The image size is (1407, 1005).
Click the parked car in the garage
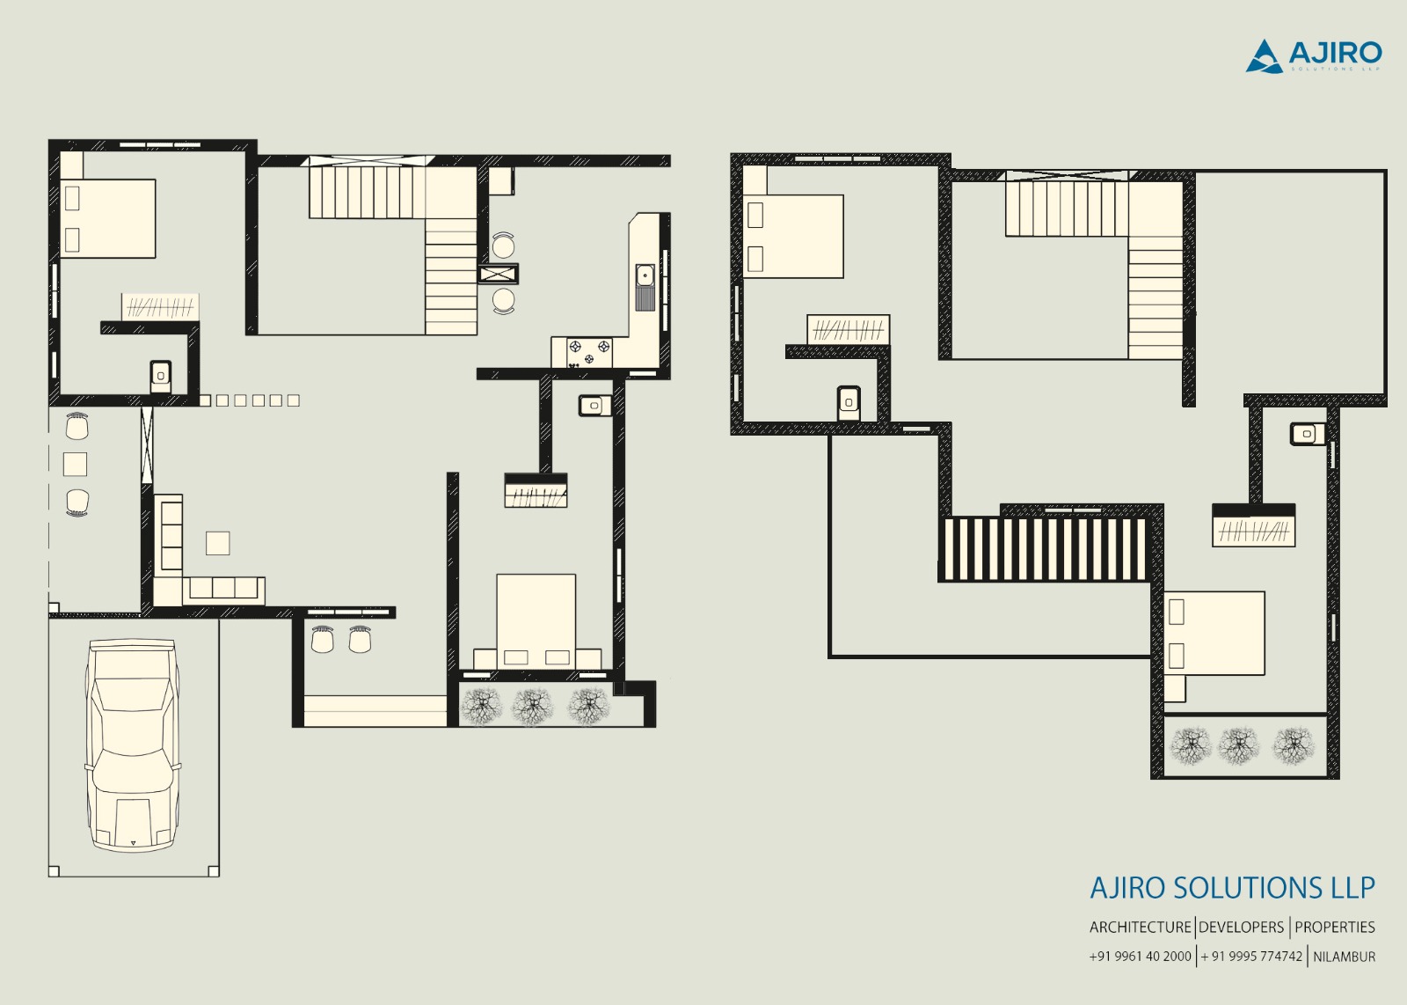[132, 745]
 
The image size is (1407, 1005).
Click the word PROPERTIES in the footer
[1334, 927]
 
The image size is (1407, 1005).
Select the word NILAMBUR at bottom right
[1344, 957]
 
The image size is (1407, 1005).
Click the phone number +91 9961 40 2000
[1140, 957]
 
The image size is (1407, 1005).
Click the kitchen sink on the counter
[645, 287]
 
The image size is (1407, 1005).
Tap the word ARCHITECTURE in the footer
[1140, 927]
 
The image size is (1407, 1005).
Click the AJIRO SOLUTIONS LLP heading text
[1232, 888]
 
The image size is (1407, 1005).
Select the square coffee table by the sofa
[217, 543]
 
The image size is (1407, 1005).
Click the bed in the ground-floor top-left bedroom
[108, 218]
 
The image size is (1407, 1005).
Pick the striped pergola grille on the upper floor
[1044, 548]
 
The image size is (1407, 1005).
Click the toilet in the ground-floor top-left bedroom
[160, 376]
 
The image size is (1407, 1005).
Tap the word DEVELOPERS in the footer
[1241, 927]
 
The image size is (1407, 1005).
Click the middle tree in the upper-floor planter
[1238, 746]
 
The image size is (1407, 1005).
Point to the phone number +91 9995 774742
[1252, 957]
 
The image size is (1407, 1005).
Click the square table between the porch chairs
[76, 464]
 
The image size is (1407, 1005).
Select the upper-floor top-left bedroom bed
[793, 236]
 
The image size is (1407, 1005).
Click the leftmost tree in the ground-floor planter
[481, 706]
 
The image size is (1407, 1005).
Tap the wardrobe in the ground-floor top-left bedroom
[160, 307]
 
